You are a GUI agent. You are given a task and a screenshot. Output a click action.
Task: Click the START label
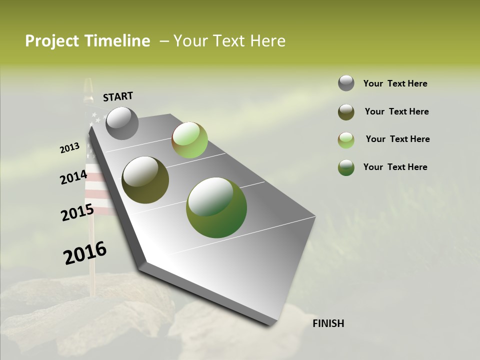point(118,96)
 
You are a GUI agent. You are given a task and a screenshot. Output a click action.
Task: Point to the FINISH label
point(328,323)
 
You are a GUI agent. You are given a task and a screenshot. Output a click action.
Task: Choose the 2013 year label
point(69,148)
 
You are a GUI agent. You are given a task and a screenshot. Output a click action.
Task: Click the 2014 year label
point(73,177)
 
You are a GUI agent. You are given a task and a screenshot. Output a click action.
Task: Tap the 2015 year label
point(77,212)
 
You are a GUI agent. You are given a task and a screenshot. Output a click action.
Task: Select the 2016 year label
point(85,253)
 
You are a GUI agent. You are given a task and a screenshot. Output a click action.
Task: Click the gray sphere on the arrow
point(122,123)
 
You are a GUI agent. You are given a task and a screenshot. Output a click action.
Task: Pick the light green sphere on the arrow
point(189,140)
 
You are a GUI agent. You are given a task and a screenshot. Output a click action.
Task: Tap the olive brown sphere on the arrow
point(145,180)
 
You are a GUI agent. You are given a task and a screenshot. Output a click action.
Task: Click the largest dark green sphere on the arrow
point(216,207)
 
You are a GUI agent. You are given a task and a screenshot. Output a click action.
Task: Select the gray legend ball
point(346,83)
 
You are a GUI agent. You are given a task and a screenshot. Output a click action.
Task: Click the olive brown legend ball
point(346,111)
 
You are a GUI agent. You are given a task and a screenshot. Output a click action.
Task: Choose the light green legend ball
point(346,140)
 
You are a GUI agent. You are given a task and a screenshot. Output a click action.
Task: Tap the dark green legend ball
point(346,167)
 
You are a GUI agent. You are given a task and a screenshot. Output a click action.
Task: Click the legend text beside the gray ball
point(395,83)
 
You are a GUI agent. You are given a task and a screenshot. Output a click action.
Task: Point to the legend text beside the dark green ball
point(395,167)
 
